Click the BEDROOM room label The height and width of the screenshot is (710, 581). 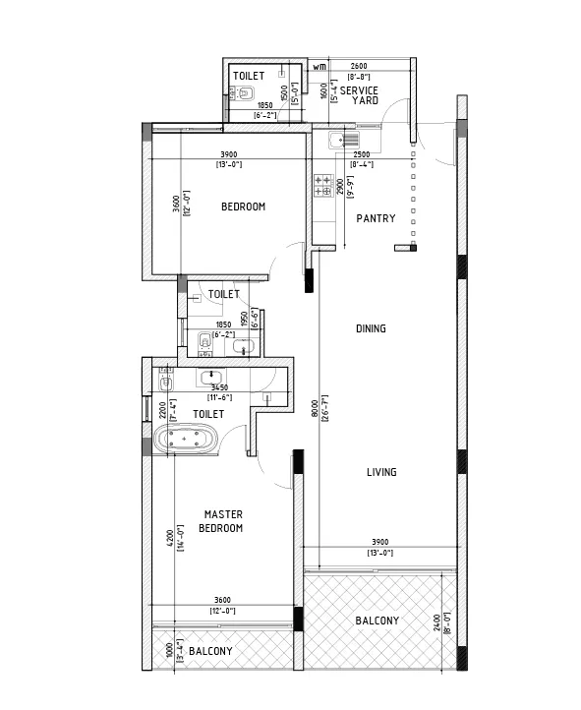[x=243, y=207]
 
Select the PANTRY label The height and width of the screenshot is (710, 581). [x=376, y=218]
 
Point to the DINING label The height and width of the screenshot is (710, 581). [x=371, y=328]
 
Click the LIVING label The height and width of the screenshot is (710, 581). [x=381, y=473]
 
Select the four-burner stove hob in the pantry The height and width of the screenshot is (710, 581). [x=323, y=185]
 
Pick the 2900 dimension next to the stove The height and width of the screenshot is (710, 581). [x=338, y=187]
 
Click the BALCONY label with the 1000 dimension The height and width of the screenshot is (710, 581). [x=210, y=652]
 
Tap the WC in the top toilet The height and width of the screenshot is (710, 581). [x=243, y=95]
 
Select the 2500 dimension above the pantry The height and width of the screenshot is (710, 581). [x=362, y=155]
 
